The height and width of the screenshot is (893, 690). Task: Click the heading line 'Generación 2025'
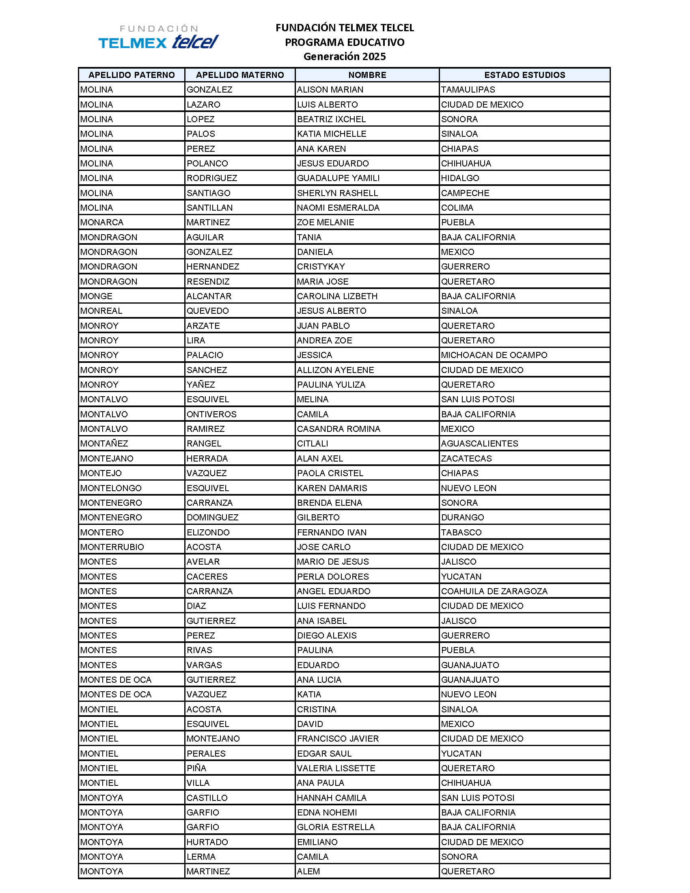click(344, 56)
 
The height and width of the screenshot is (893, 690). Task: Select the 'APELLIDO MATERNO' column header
click(240, 75)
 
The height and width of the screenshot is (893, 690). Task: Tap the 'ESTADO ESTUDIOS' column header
click(524, 75)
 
